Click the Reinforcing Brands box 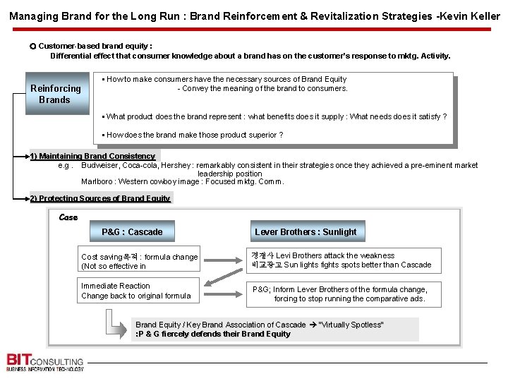pyautogui.click(x=57, y=94)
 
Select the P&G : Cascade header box pyautogui.click(x=132, y=231)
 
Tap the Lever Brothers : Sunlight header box pyautogui.click(x=306, y=231)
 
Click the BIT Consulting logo pyautogui.click(x=45, y=361)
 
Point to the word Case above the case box pyautogui.click(x=68, y=217)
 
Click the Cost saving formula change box pyautogui.click(x=140, y=261)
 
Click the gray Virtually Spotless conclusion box pyautogui.click(x=275, y=329)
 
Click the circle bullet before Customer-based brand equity pyautogui.click(x=33, y=46)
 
